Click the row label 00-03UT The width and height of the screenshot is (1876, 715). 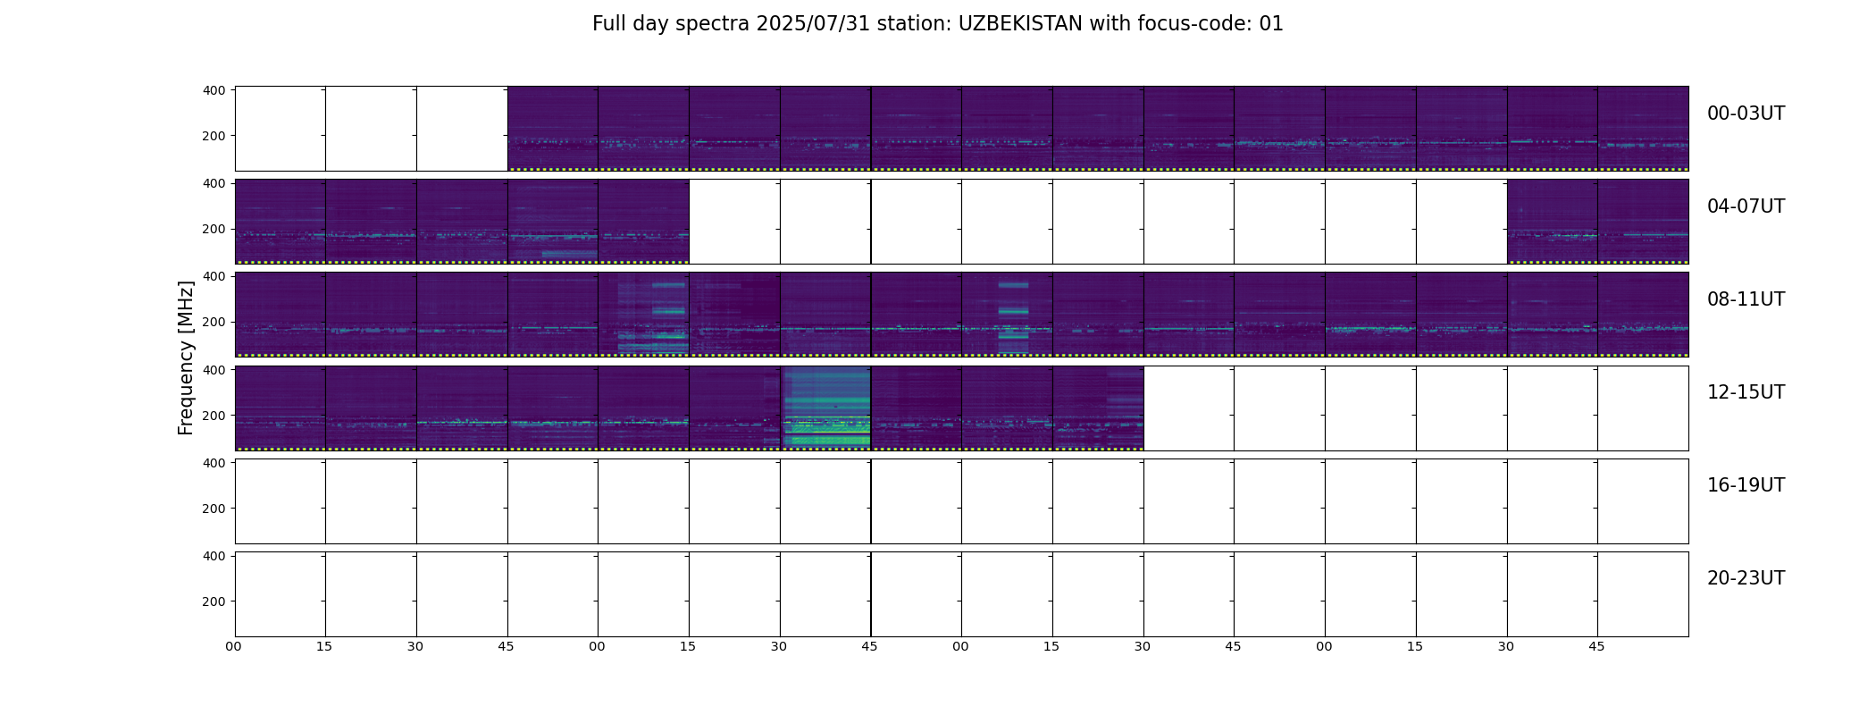(x=1746, y=114)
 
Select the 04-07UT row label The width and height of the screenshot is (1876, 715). (x=1746, y=206)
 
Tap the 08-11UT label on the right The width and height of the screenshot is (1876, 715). (x=1746, y=299)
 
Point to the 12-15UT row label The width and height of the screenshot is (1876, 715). (x=1746, y=392)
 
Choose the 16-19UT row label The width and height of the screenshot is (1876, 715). (x=1746, y=485)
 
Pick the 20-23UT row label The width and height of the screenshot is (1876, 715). (x=1746, y=578)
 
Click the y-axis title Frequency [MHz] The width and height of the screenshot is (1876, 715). (x=186, y=357)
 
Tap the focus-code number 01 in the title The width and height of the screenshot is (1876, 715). (x=1271, y=24)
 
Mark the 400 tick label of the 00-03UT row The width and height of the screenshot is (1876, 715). (x=214, y=90)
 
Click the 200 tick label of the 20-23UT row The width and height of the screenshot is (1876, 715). (x=214, y=601)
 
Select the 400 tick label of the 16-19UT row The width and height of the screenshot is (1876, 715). (x=214, y=463)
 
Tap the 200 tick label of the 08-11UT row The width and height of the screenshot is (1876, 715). (x=214, y=322)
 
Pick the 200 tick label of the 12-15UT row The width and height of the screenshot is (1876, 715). (x=214, y=416)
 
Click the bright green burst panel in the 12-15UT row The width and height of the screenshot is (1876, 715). (x=826, y=408)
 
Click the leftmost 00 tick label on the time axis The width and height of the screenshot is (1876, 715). (x=234, y=646)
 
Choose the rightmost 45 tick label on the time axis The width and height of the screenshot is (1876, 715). (x=1596, y=646)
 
